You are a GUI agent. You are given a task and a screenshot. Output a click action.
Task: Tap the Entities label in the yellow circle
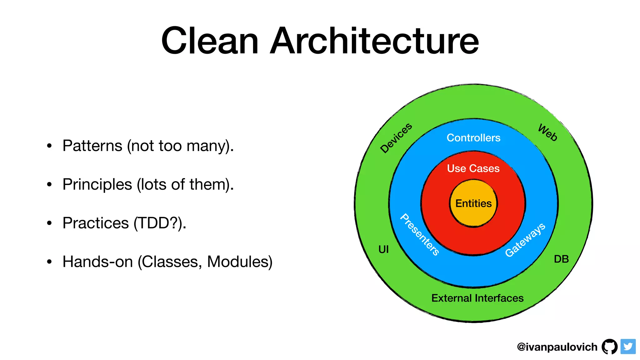(x=473, y=203)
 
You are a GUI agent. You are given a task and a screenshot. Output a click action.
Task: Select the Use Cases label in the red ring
(x=473, y=168)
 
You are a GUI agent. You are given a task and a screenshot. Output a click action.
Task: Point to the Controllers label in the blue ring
(x=473, y=138)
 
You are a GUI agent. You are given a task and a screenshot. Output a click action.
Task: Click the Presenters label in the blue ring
(x=420, y=234)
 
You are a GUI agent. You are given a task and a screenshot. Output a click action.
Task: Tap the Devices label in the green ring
(x=396, y=138)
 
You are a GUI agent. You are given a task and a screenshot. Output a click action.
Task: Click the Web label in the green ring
(x=547, y=133)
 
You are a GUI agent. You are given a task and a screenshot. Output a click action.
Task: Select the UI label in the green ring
(x=383, y=249)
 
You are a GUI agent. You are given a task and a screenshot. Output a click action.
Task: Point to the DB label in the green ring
(x=561, y=259)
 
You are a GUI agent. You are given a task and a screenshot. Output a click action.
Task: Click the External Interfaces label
(x=477, y=298)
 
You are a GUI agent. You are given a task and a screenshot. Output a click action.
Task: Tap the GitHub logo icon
(x=609, y=347)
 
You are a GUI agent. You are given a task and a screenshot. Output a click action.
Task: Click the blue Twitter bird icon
(x=628, y=347)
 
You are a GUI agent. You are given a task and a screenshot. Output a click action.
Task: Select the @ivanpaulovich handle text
(x=557, y=347)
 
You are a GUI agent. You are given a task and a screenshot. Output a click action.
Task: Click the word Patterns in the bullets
(x=92, y=146)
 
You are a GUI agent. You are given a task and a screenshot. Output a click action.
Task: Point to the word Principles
(x=97, y=185)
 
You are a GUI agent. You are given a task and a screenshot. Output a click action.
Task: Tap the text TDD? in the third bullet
(x=157, y=223)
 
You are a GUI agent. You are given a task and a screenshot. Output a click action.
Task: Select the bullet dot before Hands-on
(x=49, y=262)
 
